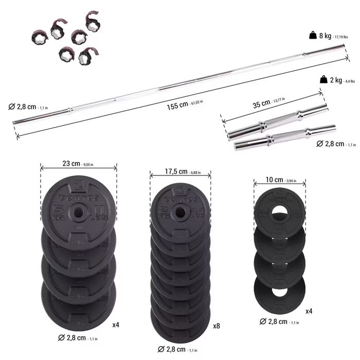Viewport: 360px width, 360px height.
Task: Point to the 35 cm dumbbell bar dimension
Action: point(269,103)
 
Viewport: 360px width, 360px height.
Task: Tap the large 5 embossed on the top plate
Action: point(58,211)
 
